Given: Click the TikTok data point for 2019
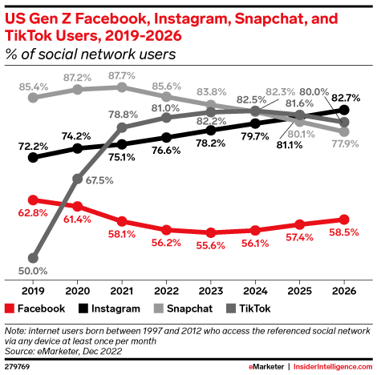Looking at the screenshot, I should tap(33, 258).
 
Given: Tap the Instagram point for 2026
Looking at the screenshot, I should tap(344, 110).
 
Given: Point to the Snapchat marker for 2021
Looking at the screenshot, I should tap(122, 87).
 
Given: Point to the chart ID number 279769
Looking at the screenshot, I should tap(17, 367).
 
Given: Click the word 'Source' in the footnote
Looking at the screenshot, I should tap(18, 349).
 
